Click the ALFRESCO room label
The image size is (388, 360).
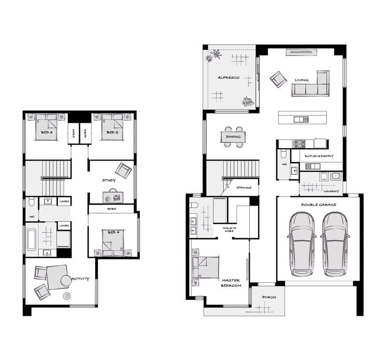[x=228, y=78]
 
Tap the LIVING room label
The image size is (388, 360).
[x=302, y=80]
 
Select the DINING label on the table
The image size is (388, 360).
[x=233, y=137]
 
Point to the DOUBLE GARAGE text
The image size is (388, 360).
[x=319, y=205]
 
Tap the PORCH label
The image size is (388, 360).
[x=269, y=297]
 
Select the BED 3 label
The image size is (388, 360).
[x=47, y=133]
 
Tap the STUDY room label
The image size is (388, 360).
[x=109, y=181]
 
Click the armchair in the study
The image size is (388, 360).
[x=123, y=170]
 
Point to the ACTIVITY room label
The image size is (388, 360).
[x=80, y=279]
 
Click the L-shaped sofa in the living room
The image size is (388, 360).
[x=310, y=87]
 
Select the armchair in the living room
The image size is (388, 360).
[x=278, y=79]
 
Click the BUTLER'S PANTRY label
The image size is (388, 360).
[x=319, y=156]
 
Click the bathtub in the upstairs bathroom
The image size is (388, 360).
[x=31, y=240]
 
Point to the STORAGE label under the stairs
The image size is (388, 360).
[x=244, y=188]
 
